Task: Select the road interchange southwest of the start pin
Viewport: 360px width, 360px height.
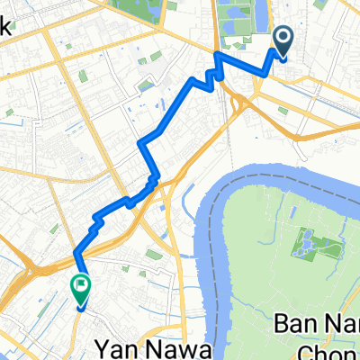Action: coord(240,103)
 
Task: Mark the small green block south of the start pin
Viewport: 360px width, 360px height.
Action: coord(284,111)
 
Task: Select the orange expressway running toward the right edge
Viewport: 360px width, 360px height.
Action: coord(315,134)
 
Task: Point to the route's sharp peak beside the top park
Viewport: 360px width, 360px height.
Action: coord(217,56)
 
